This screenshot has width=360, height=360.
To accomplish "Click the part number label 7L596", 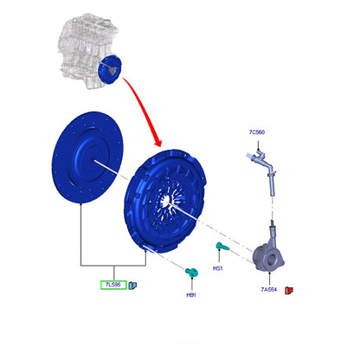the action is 113,285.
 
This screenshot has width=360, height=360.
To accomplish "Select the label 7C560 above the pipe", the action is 257,132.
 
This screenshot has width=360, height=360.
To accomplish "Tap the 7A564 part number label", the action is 269,289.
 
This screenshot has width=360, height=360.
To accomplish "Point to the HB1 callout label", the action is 191,295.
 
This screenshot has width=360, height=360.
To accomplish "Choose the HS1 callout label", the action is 218,268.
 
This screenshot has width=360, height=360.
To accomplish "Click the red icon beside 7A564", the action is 289,290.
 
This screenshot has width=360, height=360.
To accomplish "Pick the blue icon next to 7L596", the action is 132,286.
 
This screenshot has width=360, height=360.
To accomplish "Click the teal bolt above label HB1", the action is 191,272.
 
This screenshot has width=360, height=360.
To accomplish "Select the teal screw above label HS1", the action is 222,246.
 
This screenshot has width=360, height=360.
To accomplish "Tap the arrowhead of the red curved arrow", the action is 157,142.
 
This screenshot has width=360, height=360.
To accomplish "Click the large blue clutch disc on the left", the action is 87,157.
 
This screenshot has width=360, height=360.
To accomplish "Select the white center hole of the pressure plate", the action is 166,200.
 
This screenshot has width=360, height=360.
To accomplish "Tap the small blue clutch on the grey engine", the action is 110,69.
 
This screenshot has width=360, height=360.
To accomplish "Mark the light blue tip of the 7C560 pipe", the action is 248,156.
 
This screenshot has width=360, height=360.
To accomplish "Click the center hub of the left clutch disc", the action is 93,159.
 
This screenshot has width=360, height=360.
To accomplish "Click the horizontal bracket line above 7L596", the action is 113,266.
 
